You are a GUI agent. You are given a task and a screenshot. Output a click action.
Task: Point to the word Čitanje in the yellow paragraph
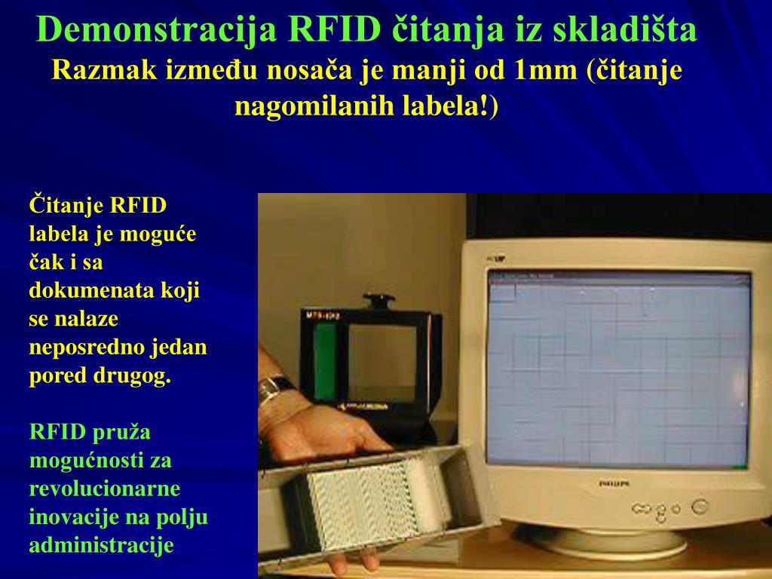tap(66, 206)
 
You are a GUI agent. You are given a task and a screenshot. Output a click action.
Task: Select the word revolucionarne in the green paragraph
tap(105, 489)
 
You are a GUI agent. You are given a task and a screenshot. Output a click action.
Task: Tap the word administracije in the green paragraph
tap(102, 545)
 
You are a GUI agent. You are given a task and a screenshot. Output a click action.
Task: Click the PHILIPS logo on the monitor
tap(614, 482)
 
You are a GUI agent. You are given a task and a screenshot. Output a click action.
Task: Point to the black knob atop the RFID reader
tap(378, 302)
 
